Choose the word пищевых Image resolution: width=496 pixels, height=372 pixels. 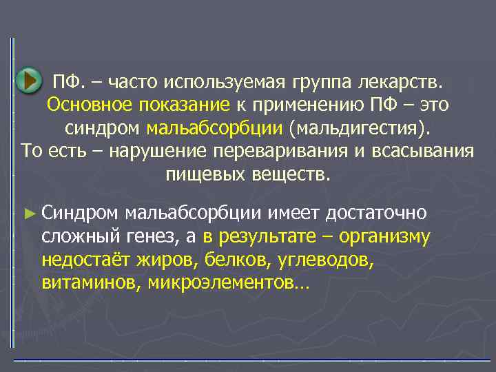[x=198, y=174]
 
